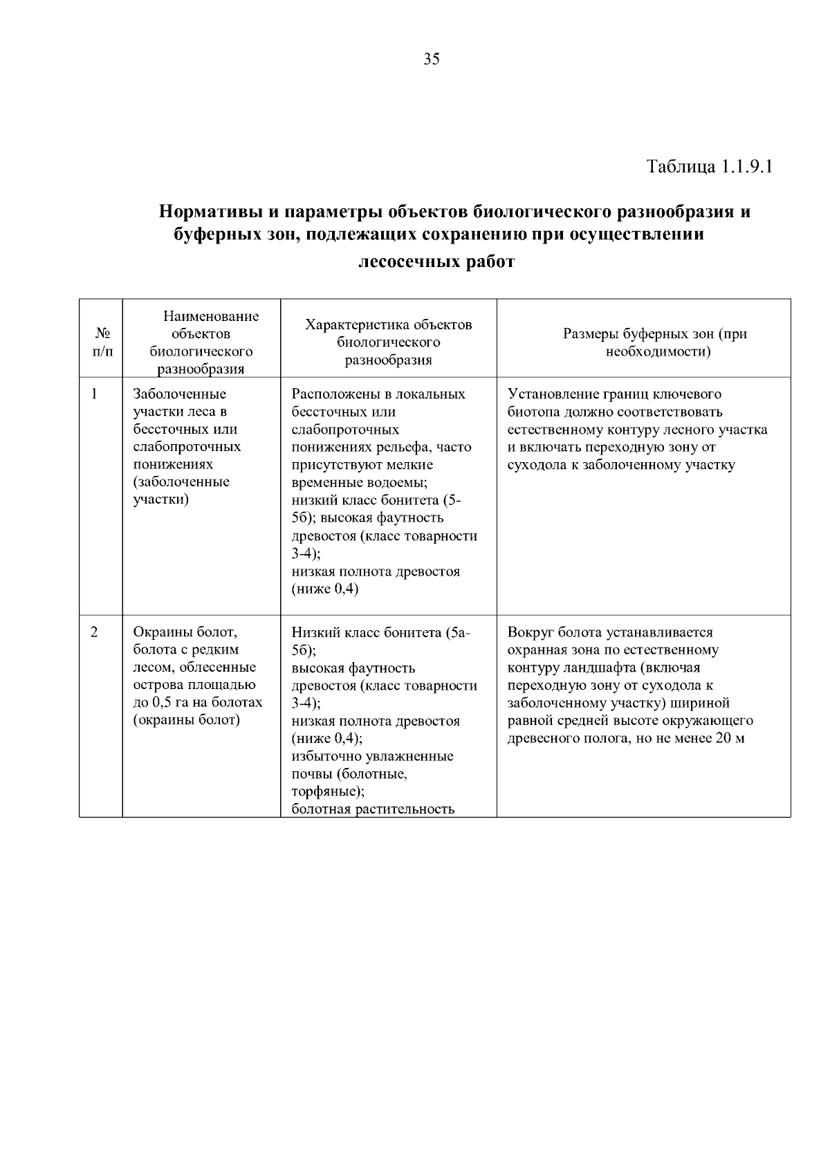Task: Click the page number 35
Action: (x=431, y=59)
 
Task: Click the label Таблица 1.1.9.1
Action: (x=708, y=167)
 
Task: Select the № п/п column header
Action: (x=101, y=342)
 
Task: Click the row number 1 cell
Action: (x=95, y=394)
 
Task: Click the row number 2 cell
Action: (x=95, y=632)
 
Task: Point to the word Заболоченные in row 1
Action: (x=179, y=394)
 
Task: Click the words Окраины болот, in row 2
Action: (x=185, y=632)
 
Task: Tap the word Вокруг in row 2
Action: (x=531, y=632)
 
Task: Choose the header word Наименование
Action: (x=211, y=317)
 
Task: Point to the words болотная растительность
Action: (x=373, y=809)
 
